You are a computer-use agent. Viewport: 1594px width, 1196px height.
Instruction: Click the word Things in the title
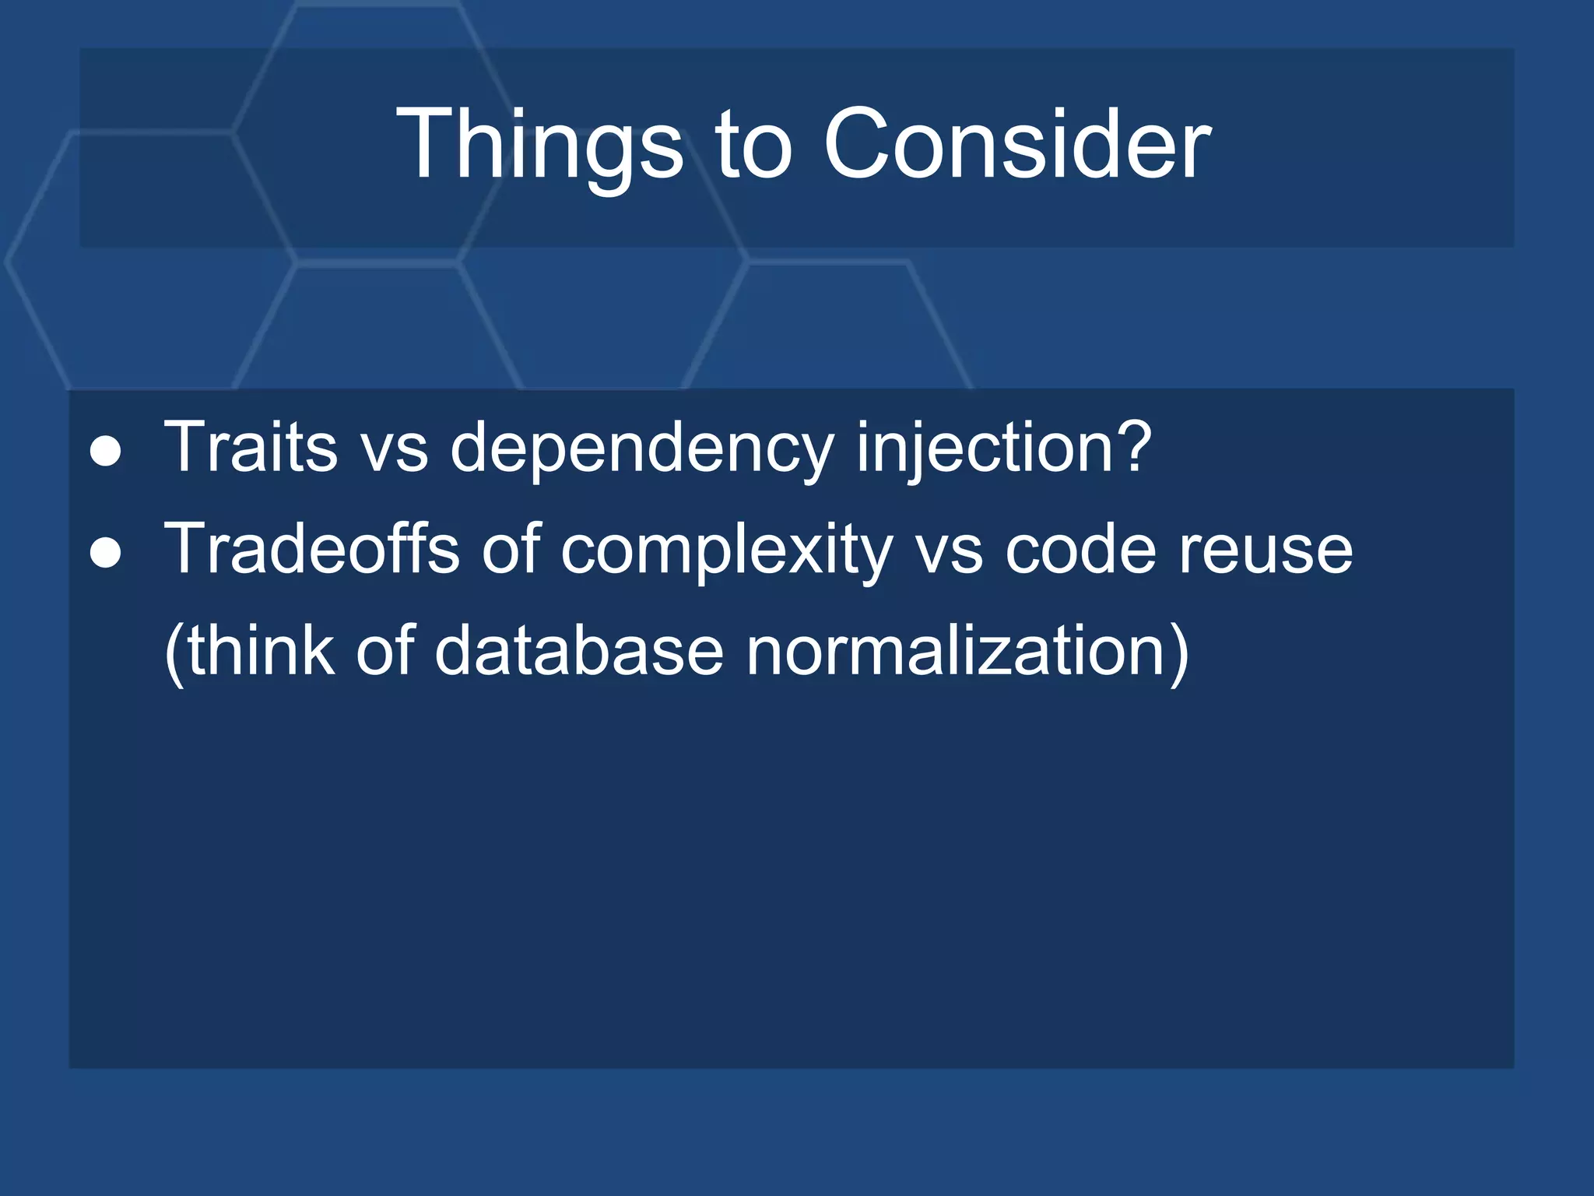539,146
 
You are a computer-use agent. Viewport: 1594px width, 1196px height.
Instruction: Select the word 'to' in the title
753,146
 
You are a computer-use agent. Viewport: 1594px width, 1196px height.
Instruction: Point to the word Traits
251,447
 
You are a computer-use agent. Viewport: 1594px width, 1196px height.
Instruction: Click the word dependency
641,449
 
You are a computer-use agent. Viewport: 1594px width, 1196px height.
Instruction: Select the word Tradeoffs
311,548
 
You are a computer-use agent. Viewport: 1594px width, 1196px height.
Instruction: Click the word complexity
726,551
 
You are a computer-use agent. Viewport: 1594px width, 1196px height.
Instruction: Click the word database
578,650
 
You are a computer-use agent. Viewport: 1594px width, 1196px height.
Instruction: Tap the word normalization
956,650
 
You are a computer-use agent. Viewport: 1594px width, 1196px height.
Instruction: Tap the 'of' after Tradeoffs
510,548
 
